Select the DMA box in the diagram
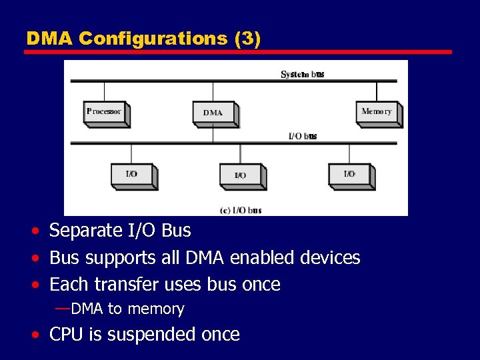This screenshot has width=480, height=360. (x=213, y=113)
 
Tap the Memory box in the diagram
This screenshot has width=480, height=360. (x=377, y=112)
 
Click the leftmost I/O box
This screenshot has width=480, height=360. (x=132, y=175)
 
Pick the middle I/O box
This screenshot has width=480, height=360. (x=241, y=175)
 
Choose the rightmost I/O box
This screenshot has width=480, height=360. (x=349, y=174)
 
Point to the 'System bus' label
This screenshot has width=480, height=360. (x=303, y=74)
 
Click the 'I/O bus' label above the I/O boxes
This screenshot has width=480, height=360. (x=303, y=136)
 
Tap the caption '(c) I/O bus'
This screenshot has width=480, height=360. (x=241, y=210)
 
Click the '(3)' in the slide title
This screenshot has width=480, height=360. (x=247, y=39)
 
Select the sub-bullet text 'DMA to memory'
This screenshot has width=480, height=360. (x=127, y=309)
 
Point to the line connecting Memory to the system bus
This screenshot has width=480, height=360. (x=377, y=91)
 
